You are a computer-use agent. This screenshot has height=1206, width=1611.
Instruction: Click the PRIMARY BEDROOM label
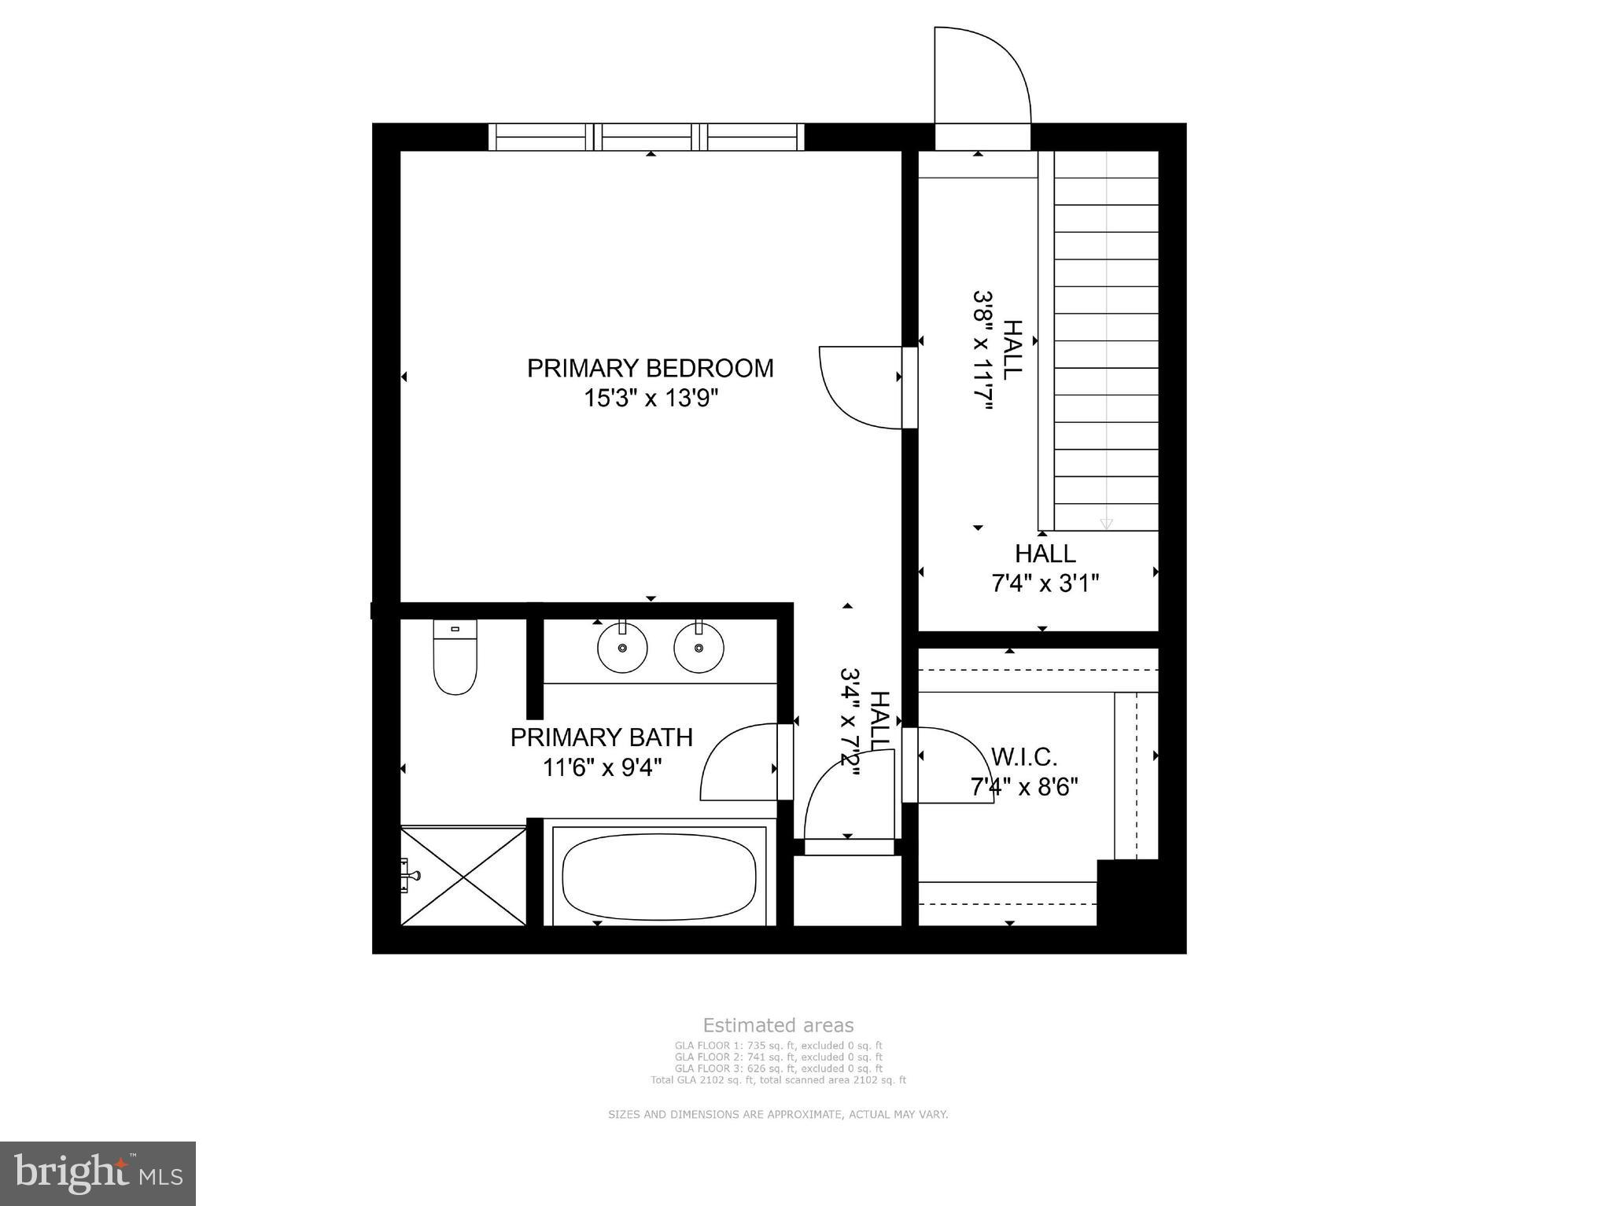click(650, 368)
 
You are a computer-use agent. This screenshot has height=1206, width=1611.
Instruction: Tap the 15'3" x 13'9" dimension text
click(650, 399)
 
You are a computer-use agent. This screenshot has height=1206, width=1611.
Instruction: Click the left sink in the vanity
click(622, 648)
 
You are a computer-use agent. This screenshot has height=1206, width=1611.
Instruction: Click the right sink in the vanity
click(699, 648)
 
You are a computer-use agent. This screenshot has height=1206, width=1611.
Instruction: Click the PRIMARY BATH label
click(601, 737)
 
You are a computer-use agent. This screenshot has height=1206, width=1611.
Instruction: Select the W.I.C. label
click(1023, 757)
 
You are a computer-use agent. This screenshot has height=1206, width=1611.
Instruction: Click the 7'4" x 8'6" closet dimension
click(1023, 786)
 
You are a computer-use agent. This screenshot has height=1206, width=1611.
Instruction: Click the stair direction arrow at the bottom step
click(1106, 524)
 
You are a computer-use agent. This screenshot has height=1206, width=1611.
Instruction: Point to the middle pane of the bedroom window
click(649, 137)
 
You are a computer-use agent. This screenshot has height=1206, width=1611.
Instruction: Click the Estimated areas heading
click(777, 1025)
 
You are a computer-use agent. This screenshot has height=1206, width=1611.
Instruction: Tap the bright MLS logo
click(98, 1174)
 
